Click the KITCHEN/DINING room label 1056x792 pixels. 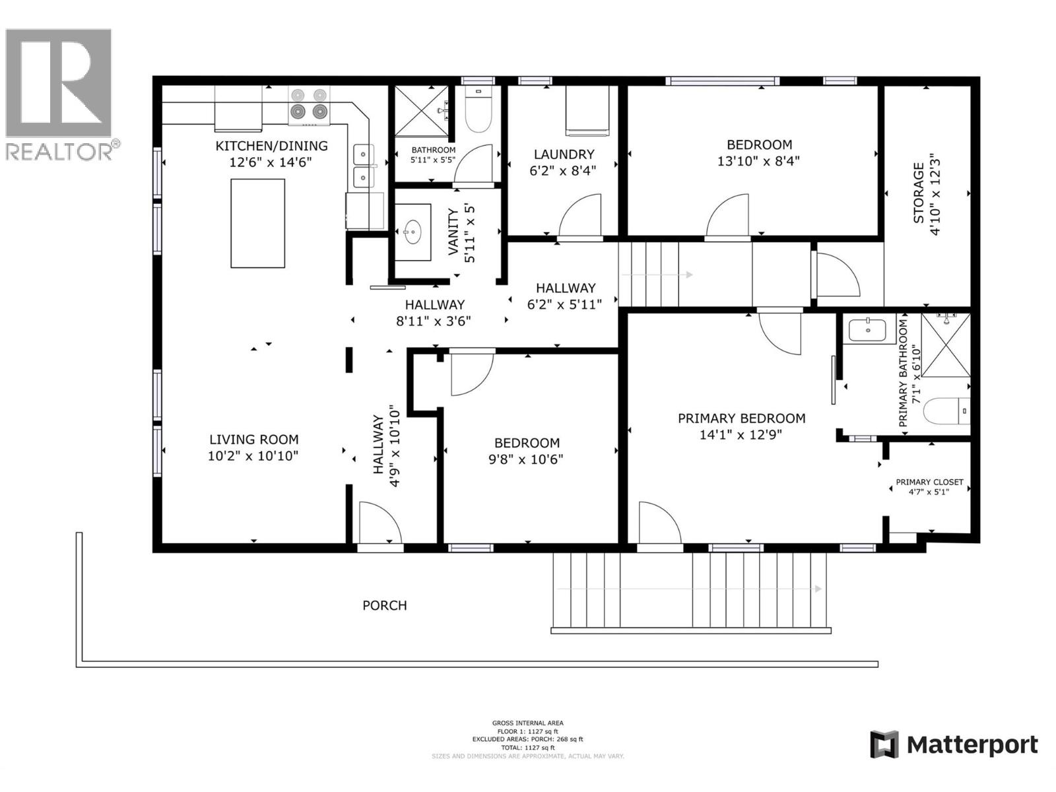point(271,146)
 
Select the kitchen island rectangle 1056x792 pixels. point(257,223)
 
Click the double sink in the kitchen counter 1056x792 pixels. point(362,166)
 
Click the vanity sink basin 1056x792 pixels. point(413,232)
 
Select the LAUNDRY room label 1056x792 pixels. point(564,154)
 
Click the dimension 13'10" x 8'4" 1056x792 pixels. point(758,161)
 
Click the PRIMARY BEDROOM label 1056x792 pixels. point(741,418)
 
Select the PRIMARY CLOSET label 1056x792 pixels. point(929,482)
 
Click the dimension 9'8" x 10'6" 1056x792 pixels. point(526,459)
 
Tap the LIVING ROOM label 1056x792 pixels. point(253,440)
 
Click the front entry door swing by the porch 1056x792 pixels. point(379,523)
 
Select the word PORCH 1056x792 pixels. point(384,605)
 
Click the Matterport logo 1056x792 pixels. point(953,745)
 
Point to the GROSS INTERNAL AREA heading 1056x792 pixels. point(527,723)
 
